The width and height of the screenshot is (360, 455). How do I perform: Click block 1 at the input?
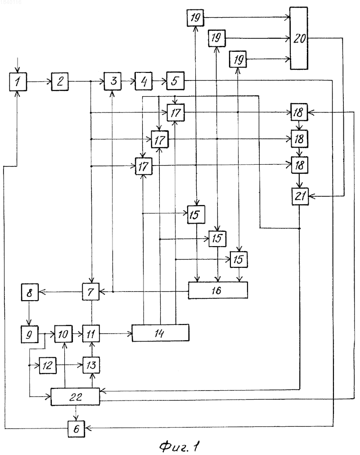tap(18, 81)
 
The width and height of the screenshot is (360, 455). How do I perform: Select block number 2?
tap(60, 81)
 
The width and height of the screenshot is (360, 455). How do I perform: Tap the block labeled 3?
tap(113, 81)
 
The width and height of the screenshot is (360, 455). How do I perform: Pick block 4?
tap(143, 81)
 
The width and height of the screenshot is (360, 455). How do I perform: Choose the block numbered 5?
tap(175, 81)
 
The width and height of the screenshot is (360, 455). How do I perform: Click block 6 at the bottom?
tap(76, 428)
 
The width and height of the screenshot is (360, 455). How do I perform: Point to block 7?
tap(90, 292)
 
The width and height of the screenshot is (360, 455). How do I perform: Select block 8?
tap(30, 292)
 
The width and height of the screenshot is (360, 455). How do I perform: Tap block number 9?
tap(29, 334)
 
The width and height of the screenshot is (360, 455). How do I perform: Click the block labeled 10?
tap(63, 334)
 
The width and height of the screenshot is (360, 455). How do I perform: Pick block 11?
tap(91, 333)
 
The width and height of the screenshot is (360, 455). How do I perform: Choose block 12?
tap(48, 365)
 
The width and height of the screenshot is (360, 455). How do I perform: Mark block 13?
tap(91, 365)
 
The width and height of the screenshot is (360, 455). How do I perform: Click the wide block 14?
tap(160, 333)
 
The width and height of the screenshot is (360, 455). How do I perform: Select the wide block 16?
tap(218, 290)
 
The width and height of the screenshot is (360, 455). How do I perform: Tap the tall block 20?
tap(299, 38)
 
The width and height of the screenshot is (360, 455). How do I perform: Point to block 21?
tap(300, 197)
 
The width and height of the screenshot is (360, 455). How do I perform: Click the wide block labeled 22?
tap(75, 396)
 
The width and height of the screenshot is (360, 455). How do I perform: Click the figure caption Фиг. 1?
tap(180, 446)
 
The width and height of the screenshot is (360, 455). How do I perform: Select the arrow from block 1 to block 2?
tap(39, 82)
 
